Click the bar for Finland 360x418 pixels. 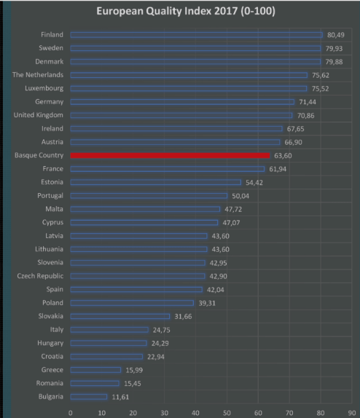pyautogui.click(x=196, y=34)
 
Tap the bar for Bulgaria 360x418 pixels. pyautogui.click(x=88, y=396)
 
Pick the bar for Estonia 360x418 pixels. pyautogui.click(x=155, y=182)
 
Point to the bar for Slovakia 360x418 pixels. pyautogui.click(x=120, y=316)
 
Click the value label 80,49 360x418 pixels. pyautogui.click(x=335, y=34)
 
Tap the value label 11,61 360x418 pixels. pyautogui.click(x=120, y=396)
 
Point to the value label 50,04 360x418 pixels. pyautogui.click(x=240, y=196)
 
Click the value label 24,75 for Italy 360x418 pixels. pyautogui.click(x=161, y=329)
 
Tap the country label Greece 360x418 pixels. pyautogui.click(x=51, y=369)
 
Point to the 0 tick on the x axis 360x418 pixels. pyautogui.click(x=71, y=411)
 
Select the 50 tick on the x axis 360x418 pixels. pyautogui.click(x=227, y=411)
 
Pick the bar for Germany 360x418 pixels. pyautogui.click(x=182, y=102)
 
